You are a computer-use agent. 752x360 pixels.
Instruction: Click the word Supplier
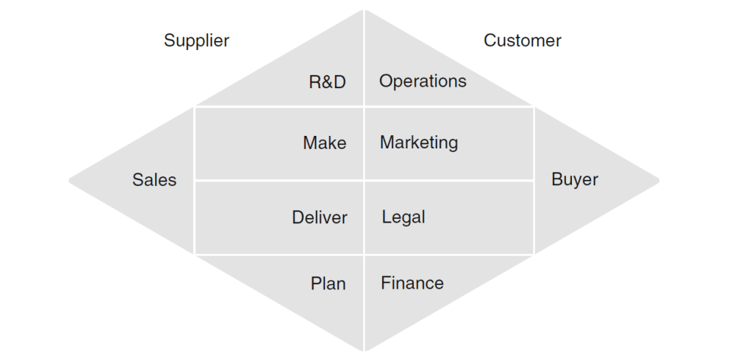pyautogui.click(x=196, y=40)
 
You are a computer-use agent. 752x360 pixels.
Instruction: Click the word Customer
pyautogui.click(x=522, y=40)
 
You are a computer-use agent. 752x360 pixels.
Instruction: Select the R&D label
pyautogui.click(x=327, y=82)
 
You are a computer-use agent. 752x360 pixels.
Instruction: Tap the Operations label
pyautogui.click(x=423, y=81)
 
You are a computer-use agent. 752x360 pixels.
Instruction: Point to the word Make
pyautogui.click(x=324, y=143)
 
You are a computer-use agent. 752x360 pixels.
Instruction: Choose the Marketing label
pyautogui.click(x=418, y=143)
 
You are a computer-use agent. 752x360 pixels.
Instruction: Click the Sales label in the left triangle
pyautogui.click(x=154, y=180)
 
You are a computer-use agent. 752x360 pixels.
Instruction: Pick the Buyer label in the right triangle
pyautogui.click(x=575, y=179)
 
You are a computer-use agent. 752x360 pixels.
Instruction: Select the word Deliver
pyautogui.click(x=319, y=217)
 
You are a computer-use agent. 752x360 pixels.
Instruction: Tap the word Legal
pyautogui.click(x=404, y=217)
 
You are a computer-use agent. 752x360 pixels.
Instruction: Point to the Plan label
pyautogui.click(x=328, y=284)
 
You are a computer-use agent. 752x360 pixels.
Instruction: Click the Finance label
pyautogui.click(x=412, y=283)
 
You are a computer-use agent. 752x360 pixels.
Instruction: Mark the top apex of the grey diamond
pyautogui.click(x=364, y=10)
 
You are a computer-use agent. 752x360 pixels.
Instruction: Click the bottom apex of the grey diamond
pyautogui.click(x=364, y=350)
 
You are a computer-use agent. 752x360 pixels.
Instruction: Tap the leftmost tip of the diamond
pyautogui.click(x=70, y=180)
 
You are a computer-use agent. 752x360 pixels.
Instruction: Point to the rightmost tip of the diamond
pyautogui.click(x=659, y=180)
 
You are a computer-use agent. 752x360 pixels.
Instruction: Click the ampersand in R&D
pyautogui.click(x=327, y=82)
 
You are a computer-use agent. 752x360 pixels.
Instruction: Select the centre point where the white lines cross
pyautogui.click(x=365, y=180)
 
